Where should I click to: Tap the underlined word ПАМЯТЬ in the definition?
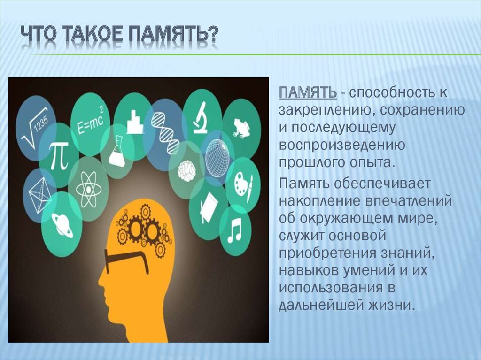pos(307,92)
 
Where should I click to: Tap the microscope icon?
pos(201,118)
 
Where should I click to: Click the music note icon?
pos(234,230)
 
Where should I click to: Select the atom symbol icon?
pos(88,189)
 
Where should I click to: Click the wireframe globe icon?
pos(217,157)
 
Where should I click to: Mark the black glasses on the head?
pos(126,260)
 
